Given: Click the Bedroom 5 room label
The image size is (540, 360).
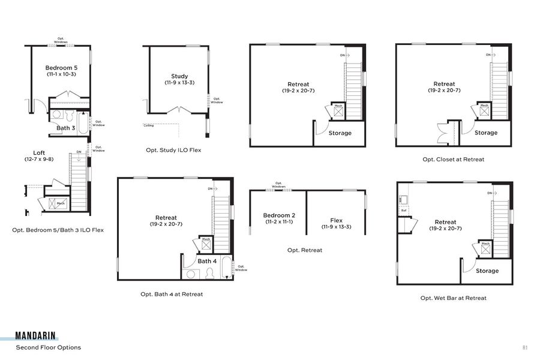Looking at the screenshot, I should [61, 68].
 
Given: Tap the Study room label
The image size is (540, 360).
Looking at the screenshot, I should [179, 76].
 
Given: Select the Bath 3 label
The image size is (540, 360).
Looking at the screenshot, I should [65, 128].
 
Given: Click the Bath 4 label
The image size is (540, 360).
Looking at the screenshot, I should [207, 261].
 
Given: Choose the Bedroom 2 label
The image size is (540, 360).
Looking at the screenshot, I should [279, 215].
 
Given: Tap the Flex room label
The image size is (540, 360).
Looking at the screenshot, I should [336, 220].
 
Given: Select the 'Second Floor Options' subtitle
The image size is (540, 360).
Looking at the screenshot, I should [48, 347].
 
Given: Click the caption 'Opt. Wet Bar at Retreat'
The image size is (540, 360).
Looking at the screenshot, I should [453, 298].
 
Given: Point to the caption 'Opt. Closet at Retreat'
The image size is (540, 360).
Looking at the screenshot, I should [453, 159].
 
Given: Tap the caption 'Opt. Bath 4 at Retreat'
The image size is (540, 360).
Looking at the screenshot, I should [172, 294].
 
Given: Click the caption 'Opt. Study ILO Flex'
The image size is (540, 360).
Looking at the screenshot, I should [173, 150].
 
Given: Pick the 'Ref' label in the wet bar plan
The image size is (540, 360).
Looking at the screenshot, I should [404, 211].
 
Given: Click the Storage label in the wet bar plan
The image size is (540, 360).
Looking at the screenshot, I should [487, 271].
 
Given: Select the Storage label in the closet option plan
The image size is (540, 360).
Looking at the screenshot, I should [486, 133].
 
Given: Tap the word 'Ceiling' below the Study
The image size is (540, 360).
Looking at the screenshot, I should [148, 125].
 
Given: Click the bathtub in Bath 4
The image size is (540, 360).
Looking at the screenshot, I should [226, 268].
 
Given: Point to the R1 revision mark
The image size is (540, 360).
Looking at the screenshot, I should [524, 347].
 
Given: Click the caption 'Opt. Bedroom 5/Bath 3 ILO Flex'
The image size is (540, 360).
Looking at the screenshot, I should [58, 230].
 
